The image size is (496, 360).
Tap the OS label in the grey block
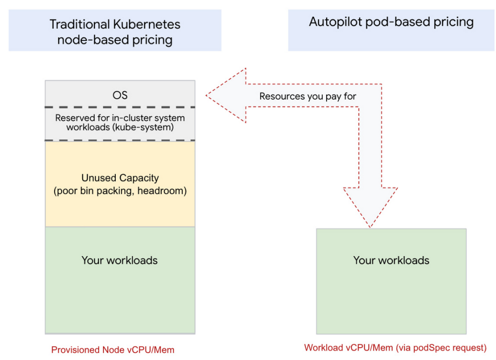[120, 95]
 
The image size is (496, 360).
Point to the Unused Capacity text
[120, 178]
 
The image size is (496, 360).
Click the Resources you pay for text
[308, 96]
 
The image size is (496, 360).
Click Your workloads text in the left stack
[119, 260]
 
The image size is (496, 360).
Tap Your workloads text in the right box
[391, 260]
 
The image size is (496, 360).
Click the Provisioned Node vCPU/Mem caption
[113, 350]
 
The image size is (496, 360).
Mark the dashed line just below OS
[120, 107]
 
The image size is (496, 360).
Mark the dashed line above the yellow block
[120, 140]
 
